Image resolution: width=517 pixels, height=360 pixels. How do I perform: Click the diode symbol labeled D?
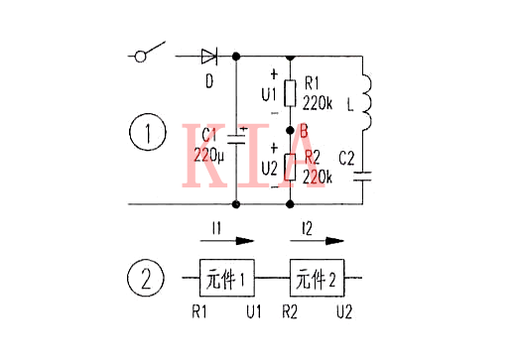[208, 57]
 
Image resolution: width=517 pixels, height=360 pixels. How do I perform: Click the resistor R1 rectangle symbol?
[289, 93]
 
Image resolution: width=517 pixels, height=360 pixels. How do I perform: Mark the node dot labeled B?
[289, 131]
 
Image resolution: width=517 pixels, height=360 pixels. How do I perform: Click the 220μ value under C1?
[208, 154]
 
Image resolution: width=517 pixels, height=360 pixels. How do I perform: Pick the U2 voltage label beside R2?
[268, 169]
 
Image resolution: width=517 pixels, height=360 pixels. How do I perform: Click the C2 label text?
[346, 156]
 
